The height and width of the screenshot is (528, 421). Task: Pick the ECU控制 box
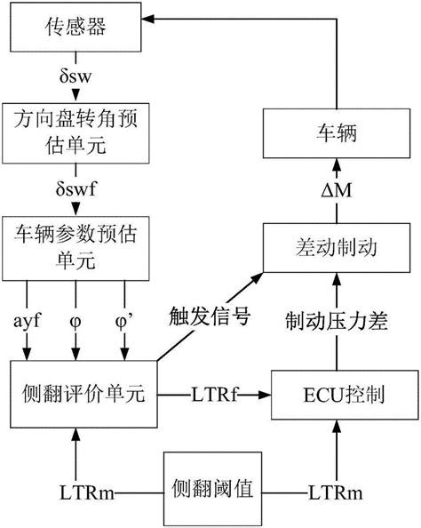pos(336,391)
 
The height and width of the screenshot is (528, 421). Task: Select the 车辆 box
pos(337,136)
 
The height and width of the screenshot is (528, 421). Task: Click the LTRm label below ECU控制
pos(336,490)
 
